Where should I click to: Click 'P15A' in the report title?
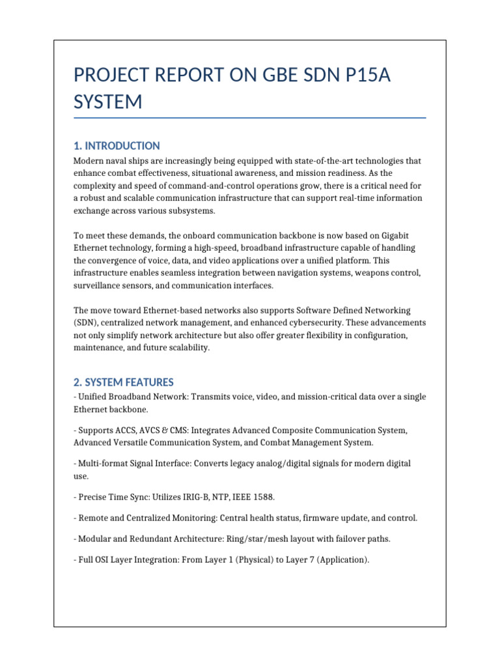click(x=356, y=76)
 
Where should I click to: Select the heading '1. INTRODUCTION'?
click(x=117, y=146)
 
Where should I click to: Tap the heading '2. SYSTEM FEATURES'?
click(x=124, y=382)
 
